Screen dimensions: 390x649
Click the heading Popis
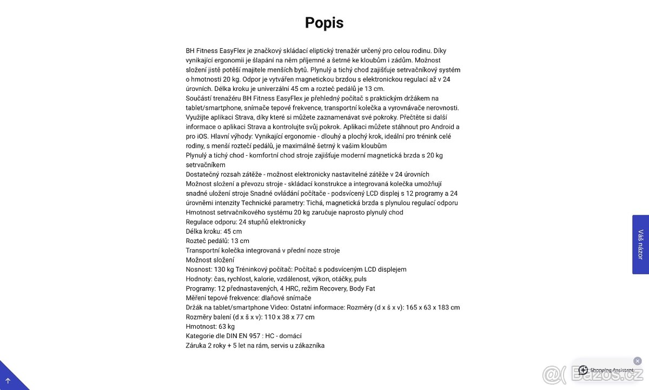coord(324,23)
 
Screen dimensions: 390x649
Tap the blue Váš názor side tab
coord(640,244)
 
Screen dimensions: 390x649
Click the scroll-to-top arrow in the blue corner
coord(8,380)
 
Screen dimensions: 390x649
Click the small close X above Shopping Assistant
coord(638,361)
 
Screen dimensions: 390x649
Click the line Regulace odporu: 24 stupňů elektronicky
coord(246,222)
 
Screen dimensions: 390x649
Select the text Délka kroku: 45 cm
coord(214,232)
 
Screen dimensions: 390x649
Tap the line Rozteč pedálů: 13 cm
coord(217,241)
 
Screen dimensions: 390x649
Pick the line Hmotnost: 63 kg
coord(210,326)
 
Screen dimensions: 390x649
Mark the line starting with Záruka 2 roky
coord(255,345)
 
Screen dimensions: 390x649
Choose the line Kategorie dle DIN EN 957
coord(243,336)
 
